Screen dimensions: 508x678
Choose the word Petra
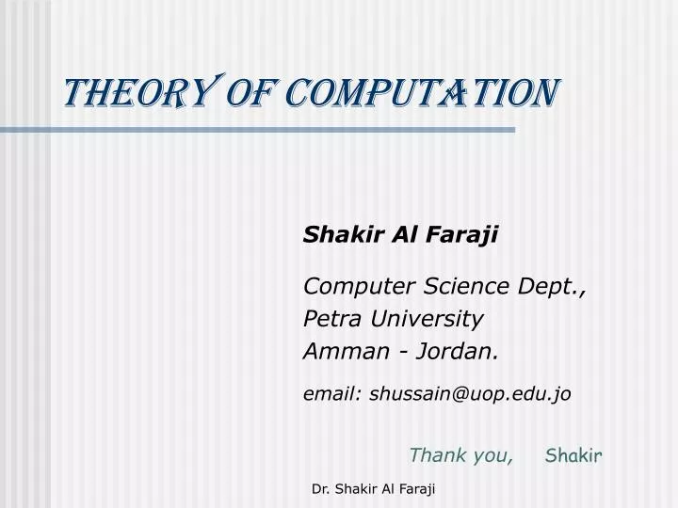pyautogui.click(x=332, y=319)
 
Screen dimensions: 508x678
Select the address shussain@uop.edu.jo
pyautogui.click(x=470, y=395)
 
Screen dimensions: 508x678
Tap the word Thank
pyautogui.click(x=438, y=456)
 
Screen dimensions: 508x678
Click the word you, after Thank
pyautogui.click(x=492, y=456)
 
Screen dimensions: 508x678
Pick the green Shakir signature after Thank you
pyautogui.click(x=573, y=456)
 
